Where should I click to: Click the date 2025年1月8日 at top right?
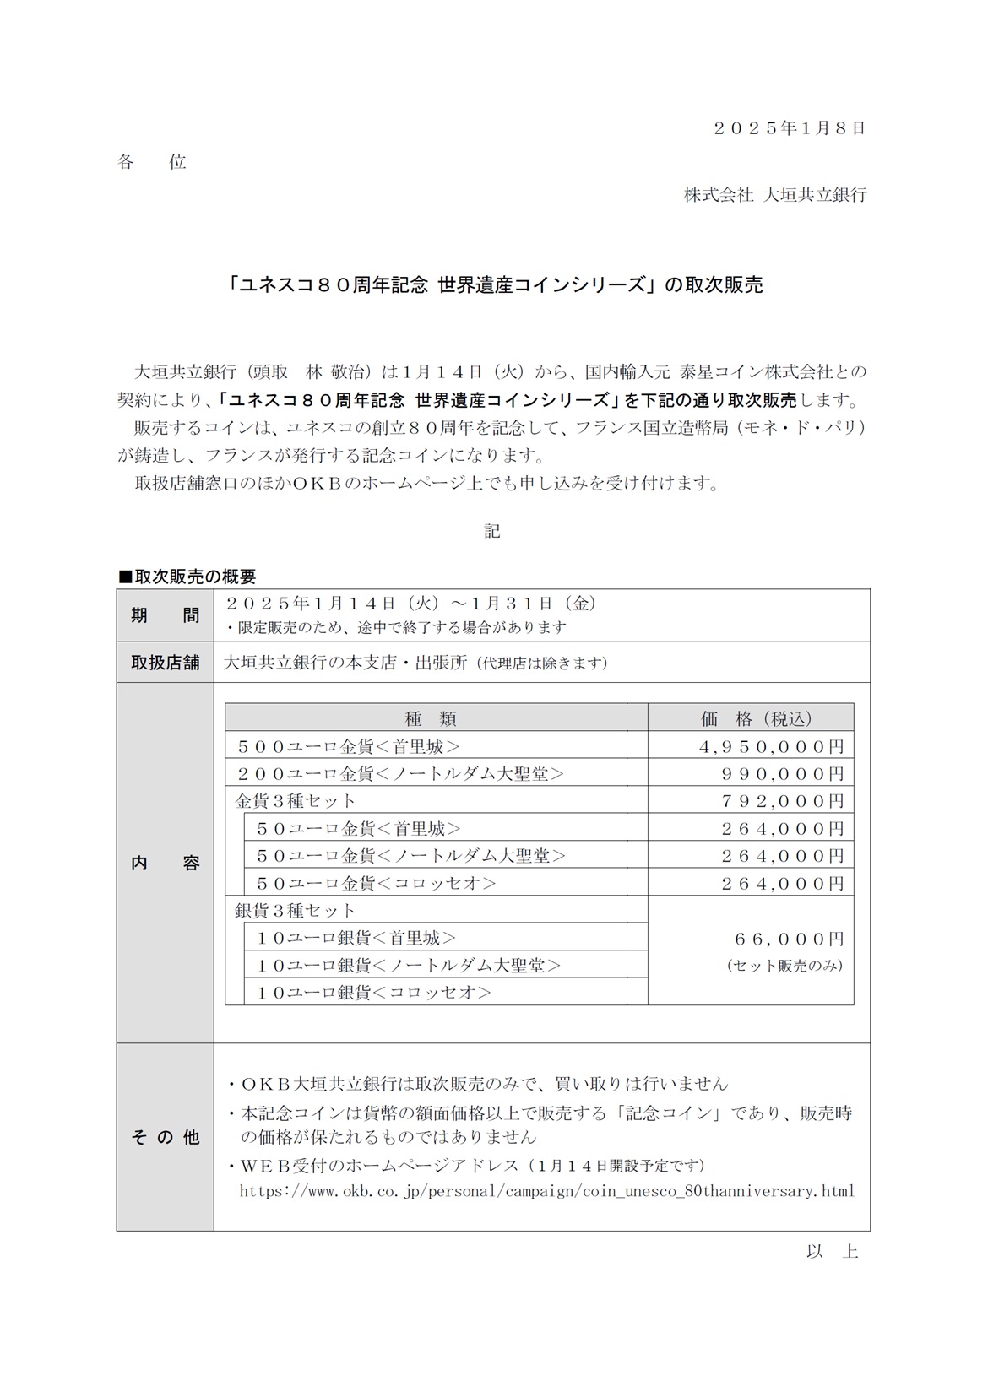[x=789, y=128]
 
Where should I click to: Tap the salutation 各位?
[x=152, y=162]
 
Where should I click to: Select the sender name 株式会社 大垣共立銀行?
[x=774, y=195]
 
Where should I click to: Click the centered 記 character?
[x=492, y=531]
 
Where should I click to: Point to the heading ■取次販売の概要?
[x=187, y=577]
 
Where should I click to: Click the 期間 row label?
[x=166, y=615]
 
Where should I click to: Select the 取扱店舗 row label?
[x=166, y=663]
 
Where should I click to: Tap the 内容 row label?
[x=166, y=863]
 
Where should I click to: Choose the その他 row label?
[x=166, y=1137]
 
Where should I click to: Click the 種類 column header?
[x=431, y=718]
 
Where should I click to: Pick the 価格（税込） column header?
[x=756, y=718]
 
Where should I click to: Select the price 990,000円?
[x=782, y=774]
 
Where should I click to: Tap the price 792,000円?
[x=782, y=801]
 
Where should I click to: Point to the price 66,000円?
[x=789, y=939]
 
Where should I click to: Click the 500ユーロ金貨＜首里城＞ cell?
[x=349, y=746]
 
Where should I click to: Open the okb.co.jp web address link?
[x=546, y=1192]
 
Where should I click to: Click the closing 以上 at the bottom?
[x=832, y=1252]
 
